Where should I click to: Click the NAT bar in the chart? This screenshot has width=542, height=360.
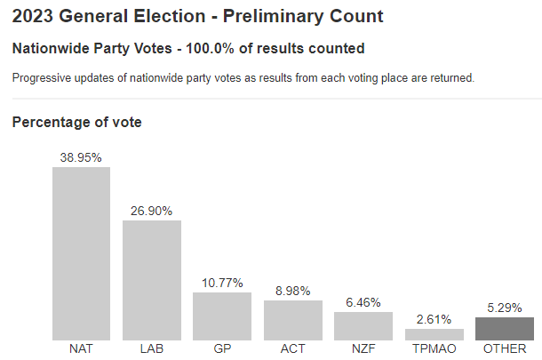point(81,253)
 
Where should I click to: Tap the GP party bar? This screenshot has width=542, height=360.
point(222,316)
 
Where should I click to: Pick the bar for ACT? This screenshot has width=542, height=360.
point(292,320)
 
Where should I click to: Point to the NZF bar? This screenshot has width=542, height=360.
point(363,326)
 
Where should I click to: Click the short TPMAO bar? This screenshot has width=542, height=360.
point(434,334)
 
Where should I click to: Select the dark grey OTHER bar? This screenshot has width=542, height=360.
point(505,329)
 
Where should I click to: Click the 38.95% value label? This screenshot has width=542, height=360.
point(81,157)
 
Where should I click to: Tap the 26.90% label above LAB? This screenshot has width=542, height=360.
point(151,211)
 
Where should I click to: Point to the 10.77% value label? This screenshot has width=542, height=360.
point(222,283)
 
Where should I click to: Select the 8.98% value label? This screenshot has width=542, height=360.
point(292,291)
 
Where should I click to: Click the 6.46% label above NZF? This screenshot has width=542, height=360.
point(363,302)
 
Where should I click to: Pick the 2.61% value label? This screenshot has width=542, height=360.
point(434,319)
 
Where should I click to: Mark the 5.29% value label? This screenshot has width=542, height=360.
point(505,308)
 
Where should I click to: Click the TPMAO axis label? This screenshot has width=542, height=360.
point(434,349)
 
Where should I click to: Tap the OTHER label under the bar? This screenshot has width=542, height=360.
point(505,349)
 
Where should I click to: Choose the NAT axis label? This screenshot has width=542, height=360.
point(81,349)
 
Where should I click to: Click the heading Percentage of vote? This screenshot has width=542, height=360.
point(76,123)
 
